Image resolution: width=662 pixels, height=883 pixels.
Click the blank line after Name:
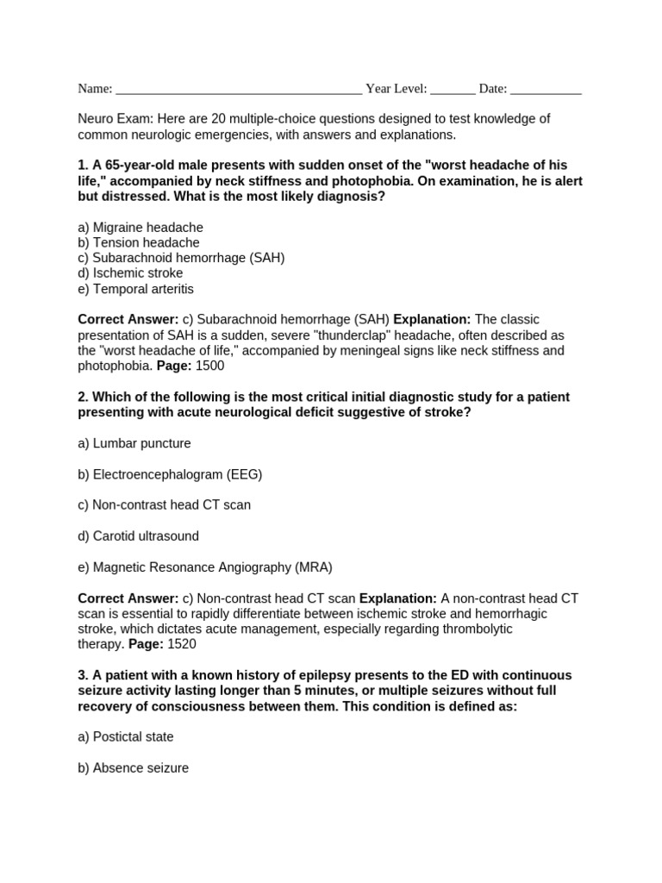[238, 90]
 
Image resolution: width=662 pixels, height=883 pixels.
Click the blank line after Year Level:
[452, 90]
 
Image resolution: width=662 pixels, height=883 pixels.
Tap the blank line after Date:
[546, 90]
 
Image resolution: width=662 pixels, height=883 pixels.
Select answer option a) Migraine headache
[141, 228]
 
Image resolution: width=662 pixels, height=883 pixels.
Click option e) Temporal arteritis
[135, 289]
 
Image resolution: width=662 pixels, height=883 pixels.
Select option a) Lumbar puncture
[134, 443]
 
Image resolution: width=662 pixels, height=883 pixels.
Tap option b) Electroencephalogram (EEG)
[170, 474]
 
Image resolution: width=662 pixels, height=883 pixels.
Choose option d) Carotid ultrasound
[138, 536]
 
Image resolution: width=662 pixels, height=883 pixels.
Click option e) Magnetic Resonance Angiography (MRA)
[204, 567]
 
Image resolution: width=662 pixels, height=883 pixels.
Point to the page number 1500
[209, 366]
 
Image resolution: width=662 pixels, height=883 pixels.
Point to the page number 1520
[182, 644]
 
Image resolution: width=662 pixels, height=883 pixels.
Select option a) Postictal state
[126, 737]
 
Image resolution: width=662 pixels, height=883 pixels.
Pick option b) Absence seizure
[133, 768]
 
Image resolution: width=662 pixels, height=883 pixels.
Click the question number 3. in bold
[83, 675]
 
